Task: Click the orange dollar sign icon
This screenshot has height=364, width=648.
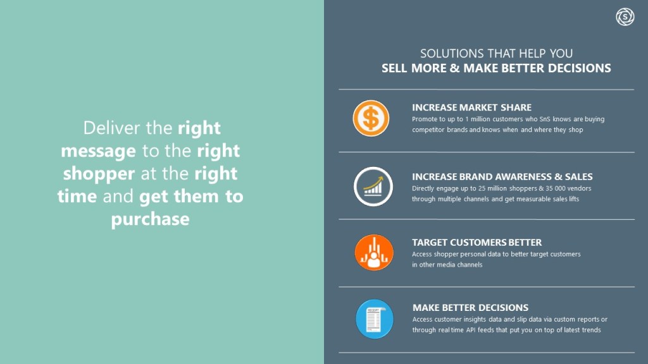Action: pos(371,118)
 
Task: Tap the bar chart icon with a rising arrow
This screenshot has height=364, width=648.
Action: pos(373,186)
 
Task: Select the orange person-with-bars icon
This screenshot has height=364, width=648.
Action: pos(374,252)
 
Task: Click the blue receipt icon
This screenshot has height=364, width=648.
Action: pos(375,319)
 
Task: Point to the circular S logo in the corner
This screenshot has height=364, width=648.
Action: pos(625,17)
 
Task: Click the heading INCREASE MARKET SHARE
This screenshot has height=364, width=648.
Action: pos(471,107)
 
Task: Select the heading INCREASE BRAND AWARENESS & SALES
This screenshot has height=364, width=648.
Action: pos(502,177)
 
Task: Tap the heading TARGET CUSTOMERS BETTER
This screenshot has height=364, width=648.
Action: pos(477,242)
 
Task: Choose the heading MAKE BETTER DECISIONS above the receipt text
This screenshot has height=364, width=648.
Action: pos(470,308)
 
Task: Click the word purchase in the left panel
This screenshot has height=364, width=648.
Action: pos(151,219)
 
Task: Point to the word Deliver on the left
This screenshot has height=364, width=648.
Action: pos(111,128)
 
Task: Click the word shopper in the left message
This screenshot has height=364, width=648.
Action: pos(99,174)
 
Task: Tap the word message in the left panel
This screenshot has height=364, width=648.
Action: pos(98,151)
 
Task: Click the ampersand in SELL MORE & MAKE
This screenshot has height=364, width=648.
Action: pos(454,68)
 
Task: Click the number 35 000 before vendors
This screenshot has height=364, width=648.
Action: pos(562,188)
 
